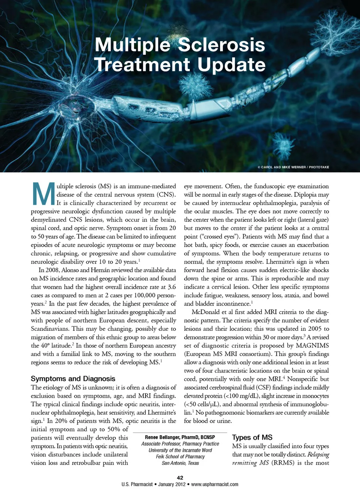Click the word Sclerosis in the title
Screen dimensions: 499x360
coord(221,45)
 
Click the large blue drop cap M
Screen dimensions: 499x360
coord(43,194)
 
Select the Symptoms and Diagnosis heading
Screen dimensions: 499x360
coord(73,379)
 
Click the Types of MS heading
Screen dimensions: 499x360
coord(252,438)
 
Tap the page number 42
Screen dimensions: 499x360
coord(180,478)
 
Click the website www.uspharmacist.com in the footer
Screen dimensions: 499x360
coord(214,484)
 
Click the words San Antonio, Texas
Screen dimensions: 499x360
coord(180,463)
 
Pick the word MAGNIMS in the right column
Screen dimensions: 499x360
coord(312,345)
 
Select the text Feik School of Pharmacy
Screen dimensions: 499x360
coord(180,457)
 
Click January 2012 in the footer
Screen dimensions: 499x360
coord(172,484)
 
